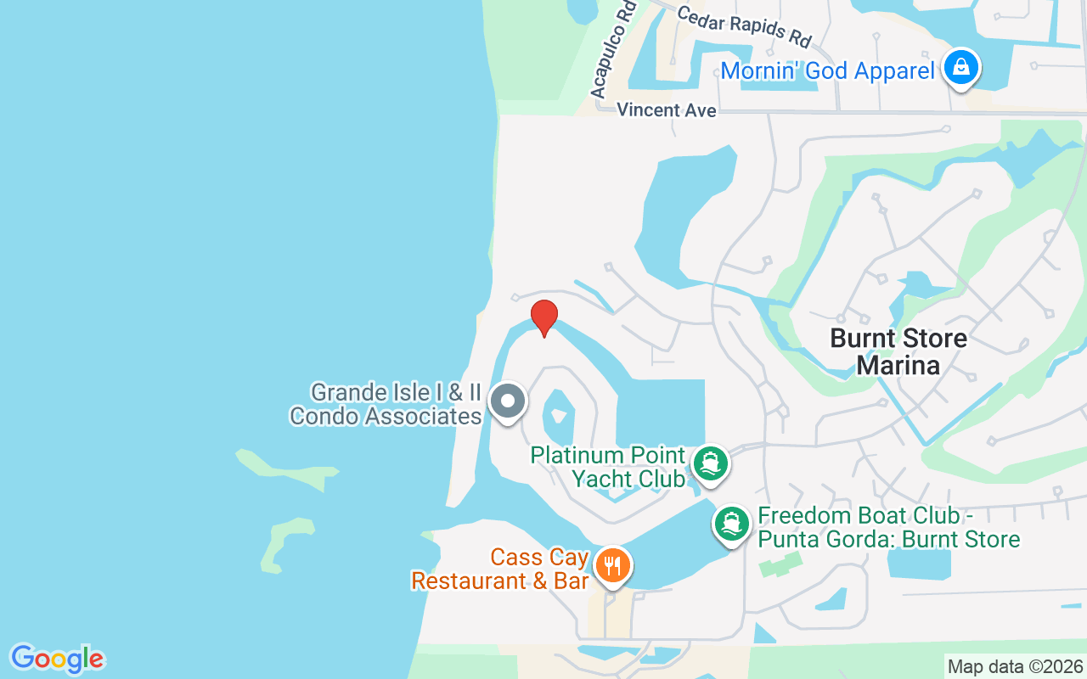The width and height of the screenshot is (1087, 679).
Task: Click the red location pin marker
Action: click(543, 317)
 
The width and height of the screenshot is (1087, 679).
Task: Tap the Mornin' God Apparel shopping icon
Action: click(960, 67)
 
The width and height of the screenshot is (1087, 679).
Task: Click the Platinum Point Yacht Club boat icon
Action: click(710, 463)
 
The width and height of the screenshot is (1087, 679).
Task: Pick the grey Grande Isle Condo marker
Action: click(508, 401)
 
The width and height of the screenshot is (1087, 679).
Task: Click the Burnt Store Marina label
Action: click(898, 351)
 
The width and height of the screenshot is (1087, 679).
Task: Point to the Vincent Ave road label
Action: click(666, 110)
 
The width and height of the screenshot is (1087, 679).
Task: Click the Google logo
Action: click(57, 659)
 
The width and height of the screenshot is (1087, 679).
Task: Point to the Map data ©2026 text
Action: click(1016, 667)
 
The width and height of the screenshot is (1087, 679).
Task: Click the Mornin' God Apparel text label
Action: click(827, 71)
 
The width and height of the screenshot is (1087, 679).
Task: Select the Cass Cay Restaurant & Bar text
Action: click(501, 570)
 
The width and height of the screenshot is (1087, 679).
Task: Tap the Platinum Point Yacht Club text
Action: click(609, 467)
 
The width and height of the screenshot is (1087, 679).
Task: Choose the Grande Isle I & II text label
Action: click(386, 404)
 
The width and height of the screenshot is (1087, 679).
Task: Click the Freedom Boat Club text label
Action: click(888, 527)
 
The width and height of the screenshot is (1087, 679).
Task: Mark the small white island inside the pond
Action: click(558, 416)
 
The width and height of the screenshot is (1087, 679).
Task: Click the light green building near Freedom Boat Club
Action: click(780, 564)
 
